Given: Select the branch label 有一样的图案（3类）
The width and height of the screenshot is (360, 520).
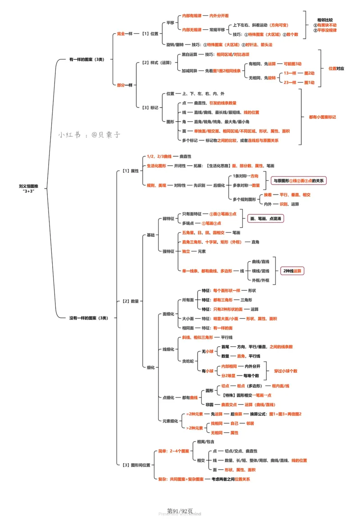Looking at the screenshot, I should (86, 59).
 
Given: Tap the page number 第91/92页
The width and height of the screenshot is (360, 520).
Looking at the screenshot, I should (180, 511).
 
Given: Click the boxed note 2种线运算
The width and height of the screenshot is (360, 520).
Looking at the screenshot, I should (292, 271).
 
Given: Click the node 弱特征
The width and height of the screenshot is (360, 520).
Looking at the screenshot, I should (168, 218).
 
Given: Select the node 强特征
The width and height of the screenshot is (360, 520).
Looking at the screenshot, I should (168, 251).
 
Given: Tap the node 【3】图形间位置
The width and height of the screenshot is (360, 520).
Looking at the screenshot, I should (135, 465).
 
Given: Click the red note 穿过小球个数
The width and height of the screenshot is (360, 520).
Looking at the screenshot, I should (286, 371).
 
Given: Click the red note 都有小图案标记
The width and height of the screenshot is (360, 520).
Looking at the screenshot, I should (322, 117).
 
